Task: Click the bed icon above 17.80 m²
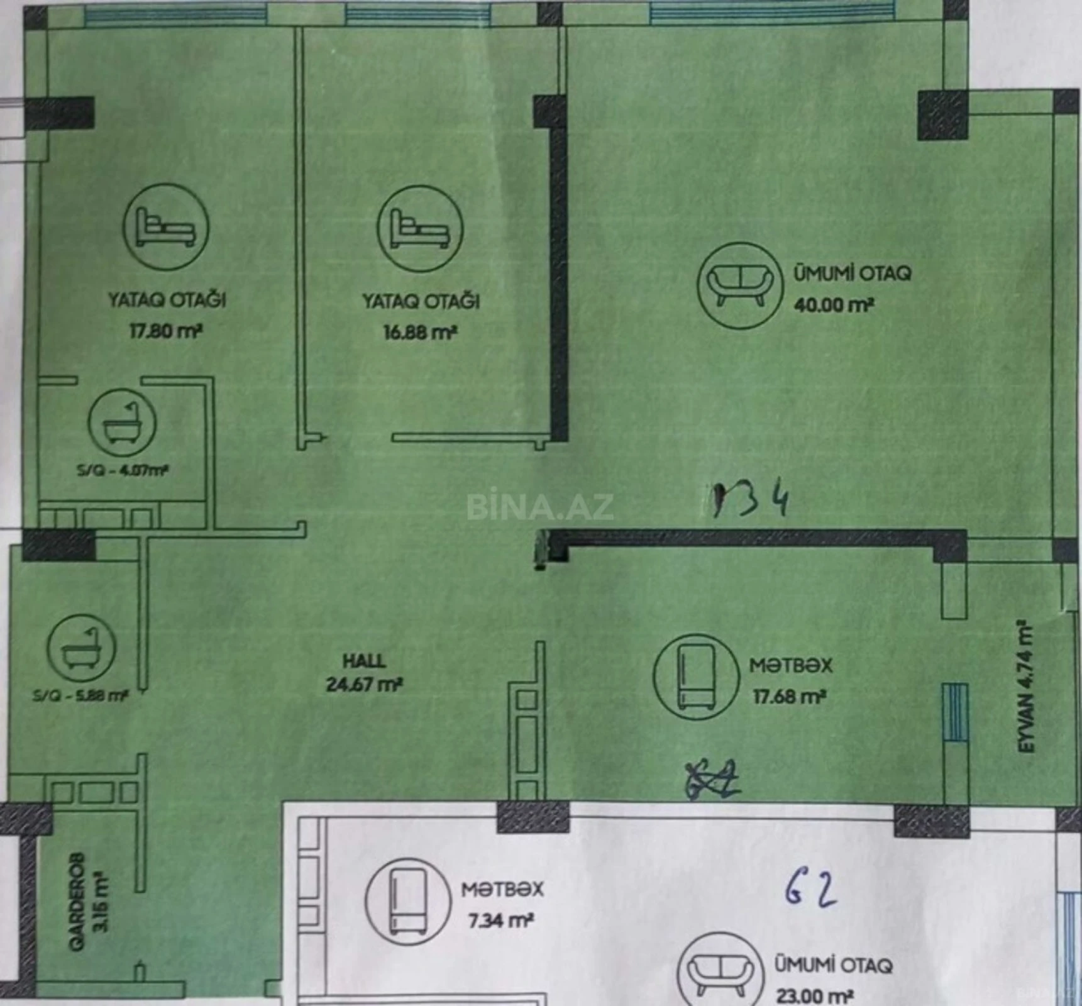[166, 227]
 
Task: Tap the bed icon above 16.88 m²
[420, 228]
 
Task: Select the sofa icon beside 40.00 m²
[740, 285]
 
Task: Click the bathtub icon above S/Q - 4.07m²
[122, 423]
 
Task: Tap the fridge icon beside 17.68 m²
[696, 677]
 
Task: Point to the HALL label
[364, 661]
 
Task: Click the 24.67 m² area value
[364, 684]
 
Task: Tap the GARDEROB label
[77, 893]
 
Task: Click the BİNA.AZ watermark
[539, 507]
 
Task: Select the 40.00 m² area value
[834, 306]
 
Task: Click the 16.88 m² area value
[419, 332]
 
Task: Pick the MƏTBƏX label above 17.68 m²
[790, 665]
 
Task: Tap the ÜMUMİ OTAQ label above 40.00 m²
[851, 274]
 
